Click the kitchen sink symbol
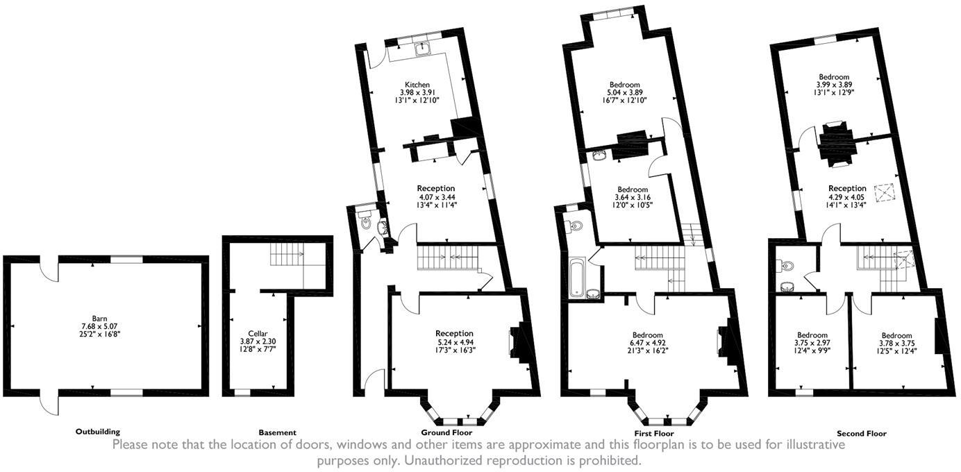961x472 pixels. tap(423, 49)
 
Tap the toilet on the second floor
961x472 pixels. tap(787, 266)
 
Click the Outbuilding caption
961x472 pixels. tap(97, 432)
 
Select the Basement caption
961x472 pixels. tap(277, 432)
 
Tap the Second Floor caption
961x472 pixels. tap(862, 433)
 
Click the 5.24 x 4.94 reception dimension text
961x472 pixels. tap(454, 342)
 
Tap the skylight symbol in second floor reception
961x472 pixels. tap(884, 192)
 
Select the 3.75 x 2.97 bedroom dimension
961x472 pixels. tap(812, 343)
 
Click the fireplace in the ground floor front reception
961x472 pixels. tap(517, 340)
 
